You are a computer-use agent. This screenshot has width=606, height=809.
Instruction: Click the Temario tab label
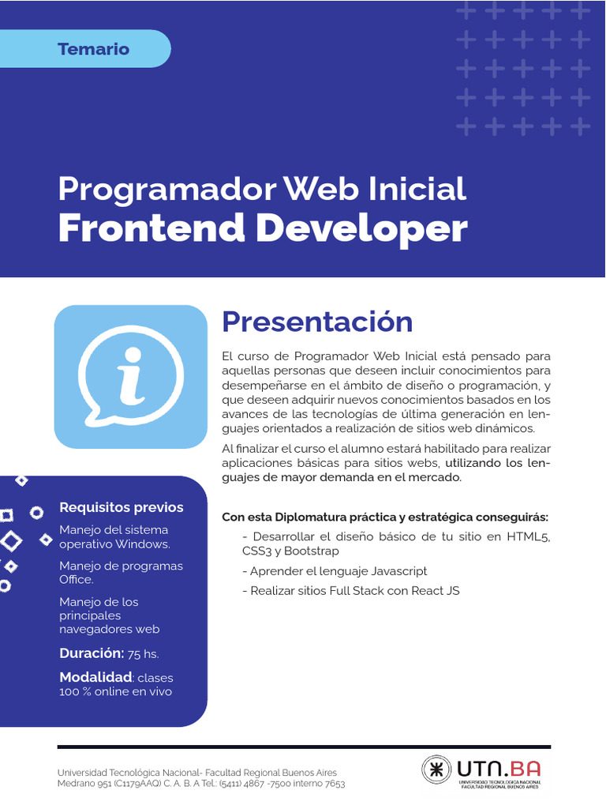coord(93,49)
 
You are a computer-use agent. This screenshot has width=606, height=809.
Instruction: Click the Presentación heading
coord(317,322)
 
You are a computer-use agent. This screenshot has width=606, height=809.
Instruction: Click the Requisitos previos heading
coord(122,507)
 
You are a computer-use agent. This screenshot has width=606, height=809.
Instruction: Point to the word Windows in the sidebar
coord(142,544)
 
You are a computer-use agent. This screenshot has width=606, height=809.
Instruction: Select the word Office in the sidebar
coord(75,580)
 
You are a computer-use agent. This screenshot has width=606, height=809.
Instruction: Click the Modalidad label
coord(95,677)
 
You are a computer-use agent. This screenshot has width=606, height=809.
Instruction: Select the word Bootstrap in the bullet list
coord(312,551)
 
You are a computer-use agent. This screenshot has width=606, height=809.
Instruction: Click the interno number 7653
coord(333,784)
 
